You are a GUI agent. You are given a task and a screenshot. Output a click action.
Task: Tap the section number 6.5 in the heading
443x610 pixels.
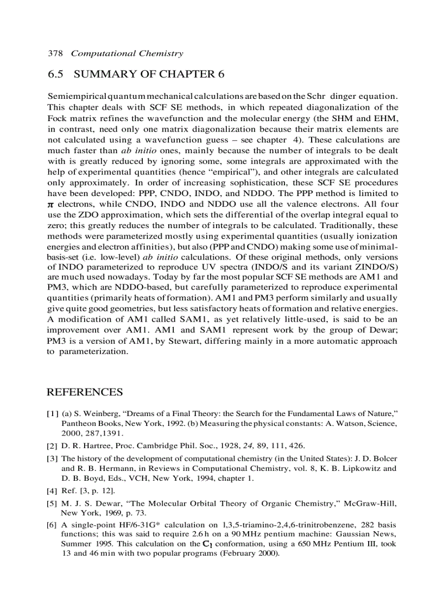(x=56, y=74)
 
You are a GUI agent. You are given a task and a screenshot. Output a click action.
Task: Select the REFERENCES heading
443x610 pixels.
(x=85, y=392)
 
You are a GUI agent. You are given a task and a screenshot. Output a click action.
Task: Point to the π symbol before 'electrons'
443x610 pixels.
(x=51, y=205)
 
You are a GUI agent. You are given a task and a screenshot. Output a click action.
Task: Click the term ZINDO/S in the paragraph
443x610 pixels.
(x=376, y=268)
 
